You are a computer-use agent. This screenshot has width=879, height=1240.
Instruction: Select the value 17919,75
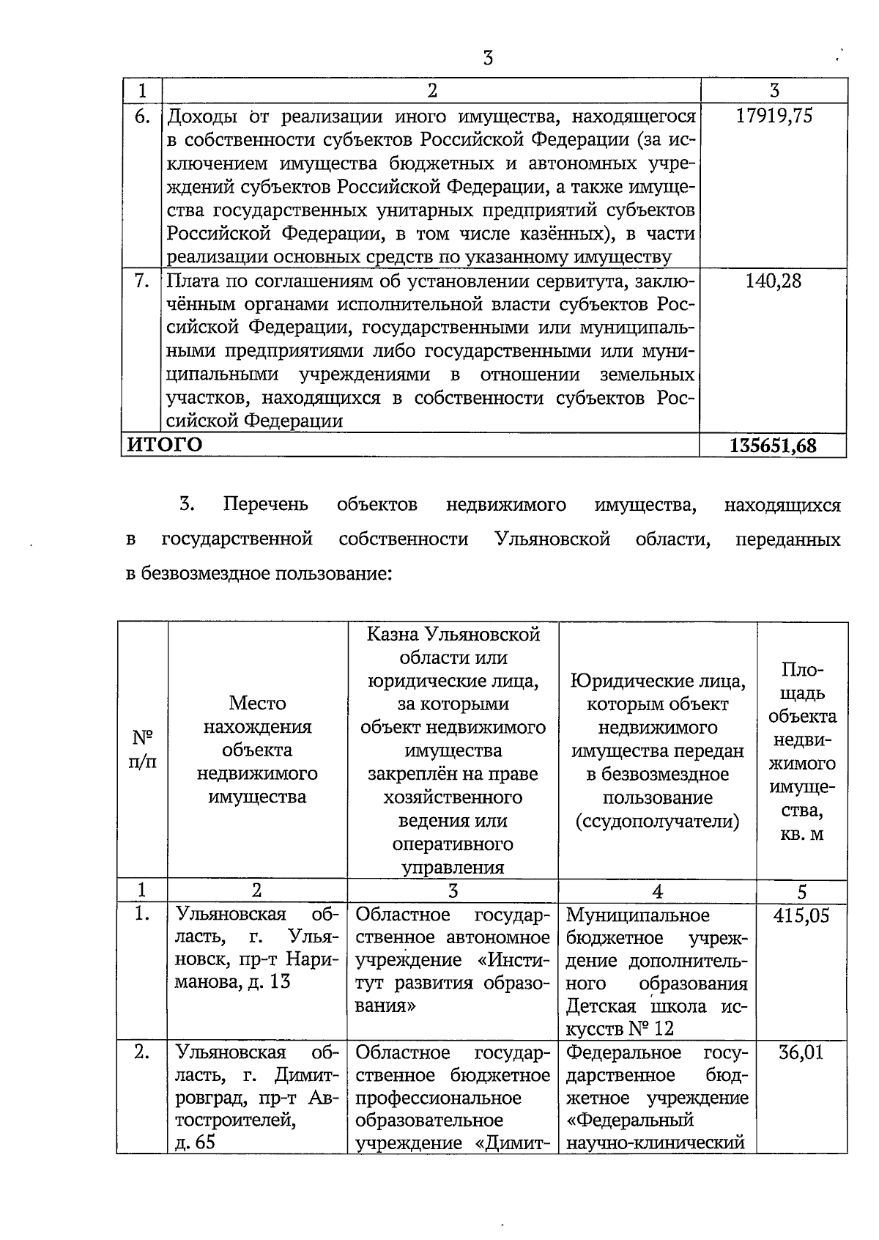pos(774,116)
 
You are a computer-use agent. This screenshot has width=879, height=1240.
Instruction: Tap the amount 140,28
pos(774,281)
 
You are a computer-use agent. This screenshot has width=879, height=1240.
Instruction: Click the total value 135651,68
pos(774,446)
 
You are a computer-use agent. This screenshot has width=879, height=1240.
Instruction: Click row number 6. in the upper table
pos(142,116)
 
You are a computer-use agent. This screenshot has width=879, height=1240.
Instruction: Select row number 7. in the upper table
pos(142,281)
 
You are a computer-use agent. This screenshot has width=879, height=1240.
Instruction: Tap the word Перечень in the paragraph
pos(265,505)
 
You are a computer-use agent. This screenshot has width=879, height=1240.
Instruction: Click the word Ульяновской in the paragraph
pos(552,539)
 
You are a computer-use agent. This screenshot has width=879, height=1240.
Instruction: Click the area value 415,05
pos(801,916)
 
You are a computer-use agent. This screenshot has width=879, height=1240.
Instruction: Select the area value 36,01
pos(801,1053)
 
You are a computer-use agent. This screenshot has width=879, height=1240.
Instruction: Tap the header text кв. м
pos(802,834)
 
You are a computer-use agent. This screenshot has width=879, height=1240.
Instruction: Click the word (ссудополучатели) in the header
pos(657,821)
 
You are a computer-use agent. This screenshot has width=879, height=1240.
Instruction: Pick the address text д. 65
pos(195,1143)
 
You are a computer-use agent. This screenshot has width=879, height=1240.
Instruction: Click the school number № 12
pos(650,1028)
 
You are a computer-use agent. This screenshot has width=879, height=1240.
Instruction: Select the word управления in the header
pos(453,868)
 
